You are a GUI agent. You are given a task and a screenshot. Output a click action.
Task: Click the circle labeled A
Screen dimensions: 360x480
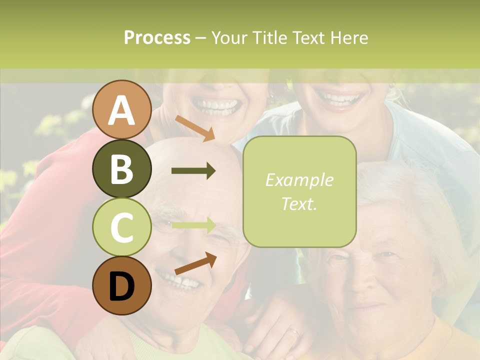122,110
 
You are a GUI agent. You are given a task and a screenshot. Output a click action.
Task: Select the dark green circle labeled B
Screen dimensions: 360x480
122,169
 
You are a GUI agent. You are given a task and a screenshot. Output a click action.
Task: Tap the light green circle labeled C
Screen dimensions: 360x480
122,227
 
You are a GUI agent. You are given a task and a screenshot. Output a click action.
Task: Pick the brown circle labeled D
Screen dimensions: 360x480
122,286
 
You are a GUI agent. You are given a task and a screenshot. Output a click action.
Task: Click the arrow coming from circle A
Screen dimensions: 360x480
194,128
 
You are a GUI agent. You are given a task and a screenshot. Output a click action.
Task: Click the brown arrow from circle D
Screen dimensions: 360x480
195,263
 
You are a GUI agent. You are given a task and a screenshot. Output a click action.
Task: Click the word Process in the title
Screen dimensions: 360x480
157,37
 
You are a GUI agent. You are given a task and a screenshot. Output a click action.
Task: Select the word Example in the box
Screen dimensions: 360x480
299,180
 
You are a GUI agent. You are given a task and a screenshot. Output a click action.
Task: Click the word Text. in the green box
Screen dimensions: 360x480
299,203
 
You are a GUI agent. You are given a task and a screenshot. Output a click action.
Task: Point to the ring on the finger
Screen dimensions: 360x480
294,331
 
